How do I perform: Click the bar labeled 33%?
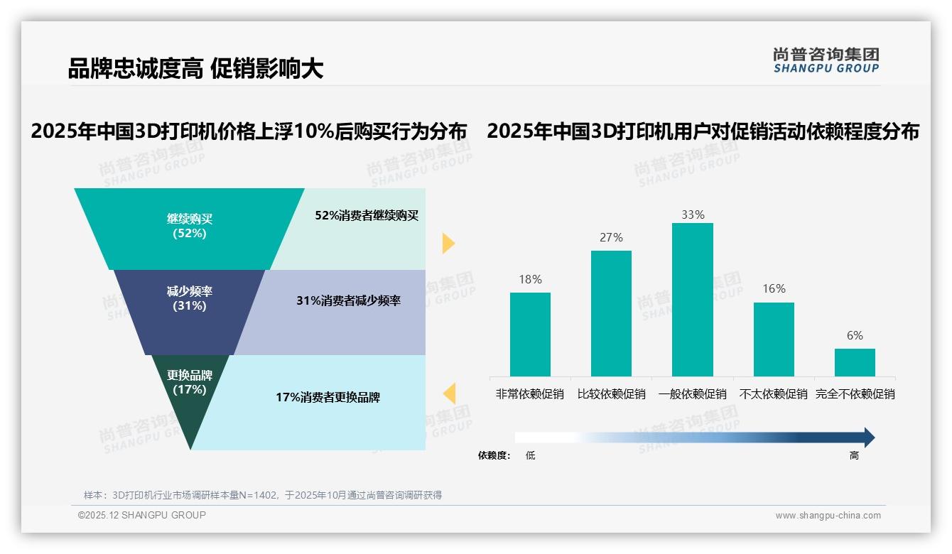coord(692,299)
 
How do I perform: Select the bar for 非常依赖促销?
coord(530,334)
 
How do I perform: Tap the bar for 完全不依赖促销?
coord(855,362)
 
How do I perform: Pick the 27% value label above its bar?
coord(611,237)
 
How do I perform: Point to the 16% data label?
coord(774,288)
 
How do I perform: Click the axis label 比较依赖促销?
coord(611,393)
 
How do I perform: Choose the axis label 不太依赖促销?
coord(774,393)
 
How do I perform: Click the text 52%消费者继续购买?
coord(367,215)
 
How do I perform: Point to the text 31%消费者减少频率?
coord(348,300)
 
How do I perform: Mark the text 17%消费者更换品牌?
coord(328,397)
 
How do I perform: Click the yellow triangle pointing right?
coord(448,243)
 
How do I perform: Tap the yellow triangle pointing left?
coord(449,393)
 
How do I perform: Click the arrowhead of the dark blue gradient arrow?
coord(868,438)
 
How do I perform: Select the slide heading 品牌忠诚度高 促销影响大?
coord(195,68)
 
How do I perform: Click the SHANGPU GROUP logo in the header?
coord(826,60)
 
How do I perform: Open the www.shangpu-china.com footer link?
coord(828,516)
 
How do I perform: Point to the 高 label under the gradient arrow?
coord(854,456)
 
